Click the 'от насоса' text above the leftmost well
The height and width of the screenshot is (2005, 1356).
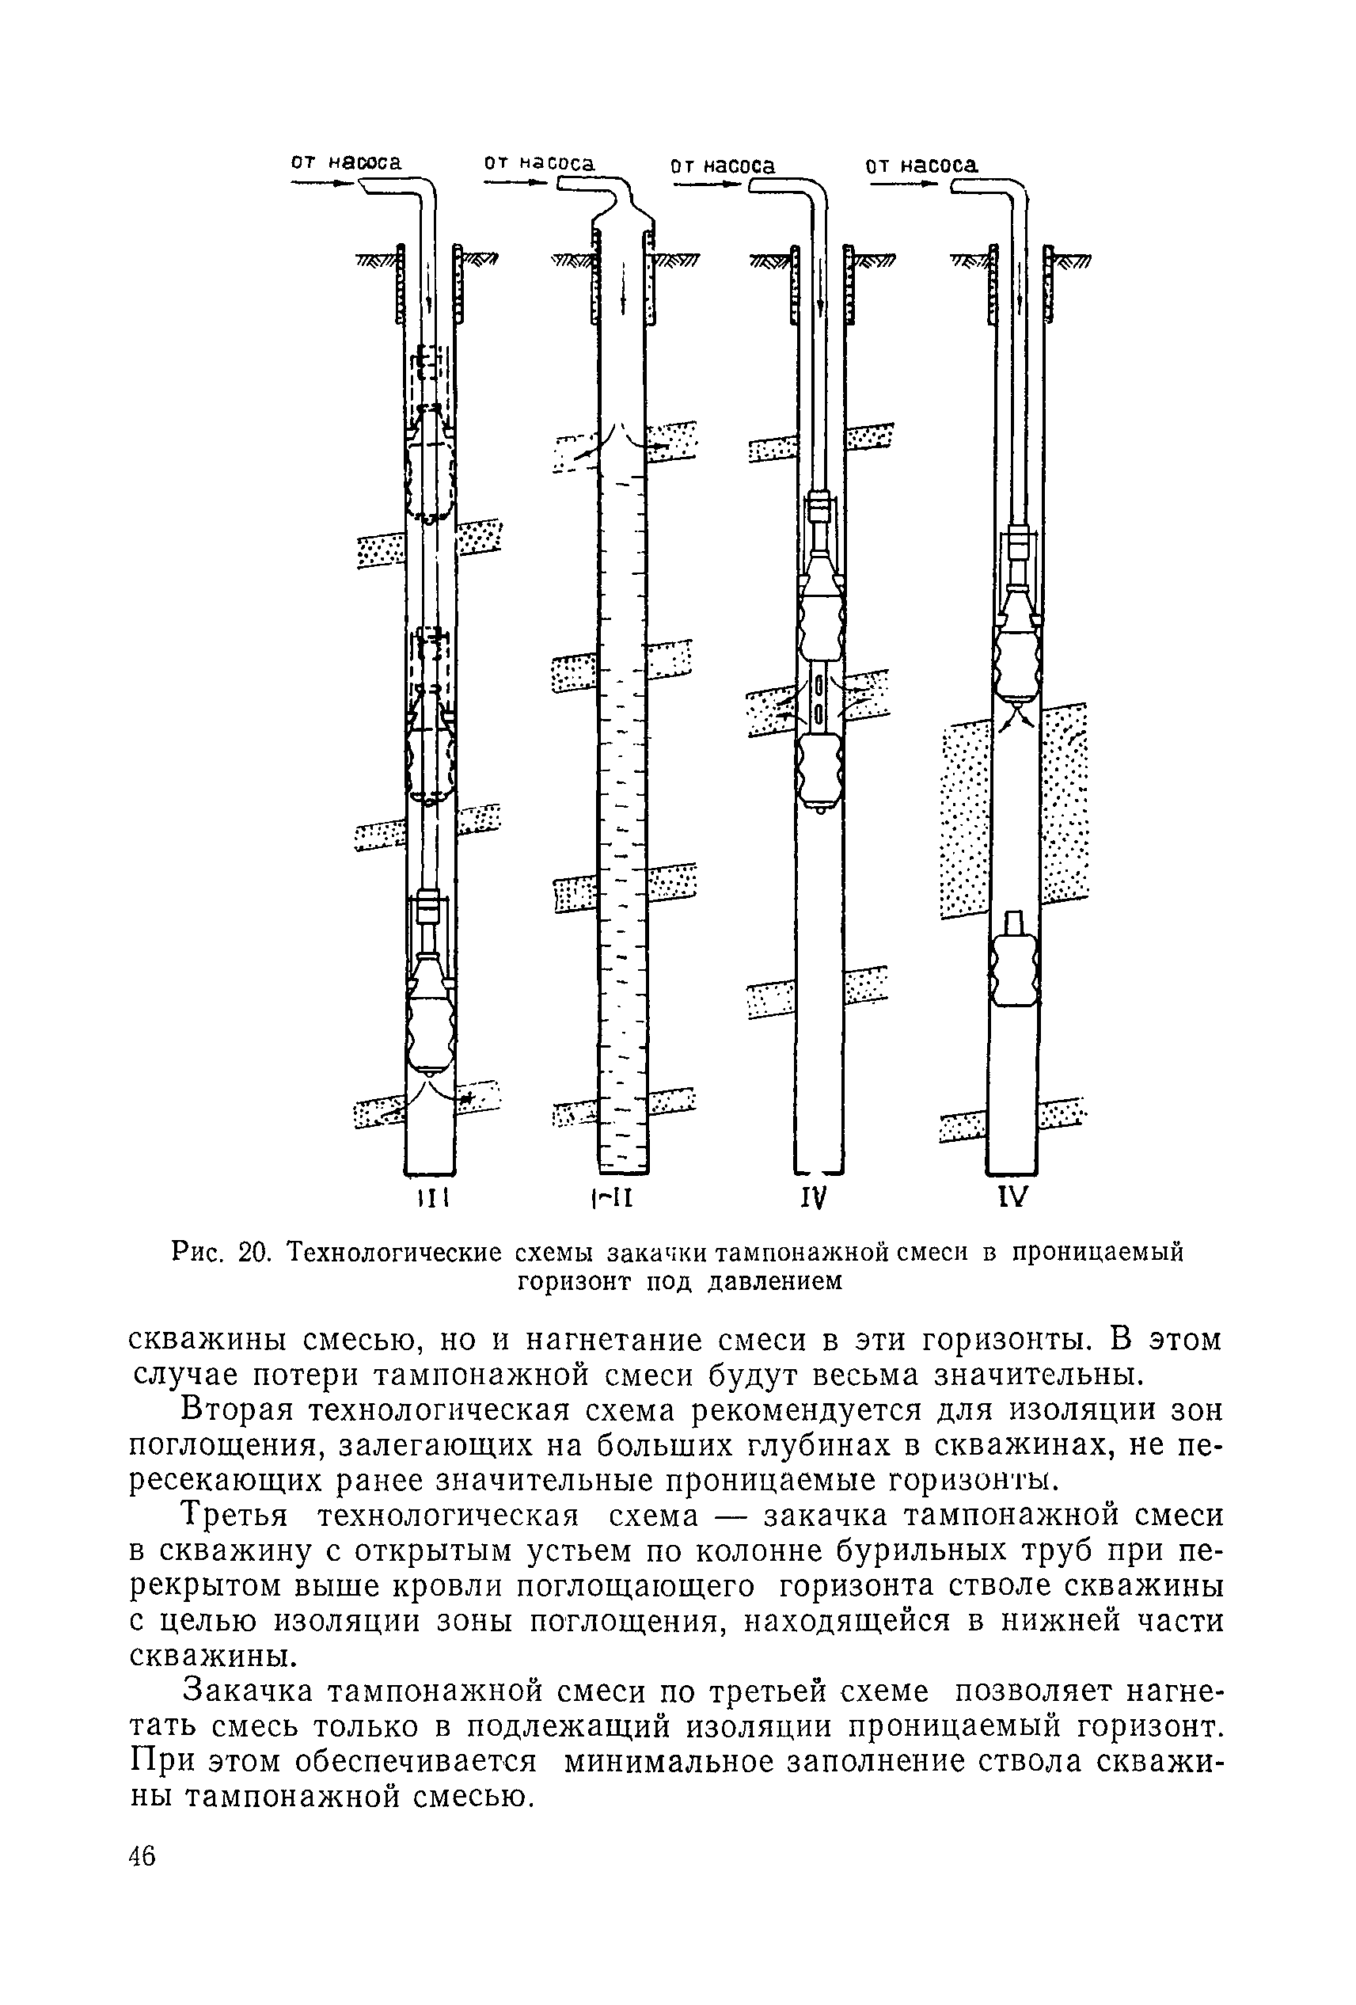click(x=346, y=162)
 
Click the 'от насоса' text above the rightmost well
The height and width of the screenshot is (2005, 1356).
click(x=921, y=164)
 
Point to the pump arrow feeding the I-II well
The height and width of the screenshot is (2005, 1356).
click(x=515, y=183)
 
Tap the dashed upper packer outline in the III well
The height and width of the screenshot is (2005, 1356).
click(x=430, y=470)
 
